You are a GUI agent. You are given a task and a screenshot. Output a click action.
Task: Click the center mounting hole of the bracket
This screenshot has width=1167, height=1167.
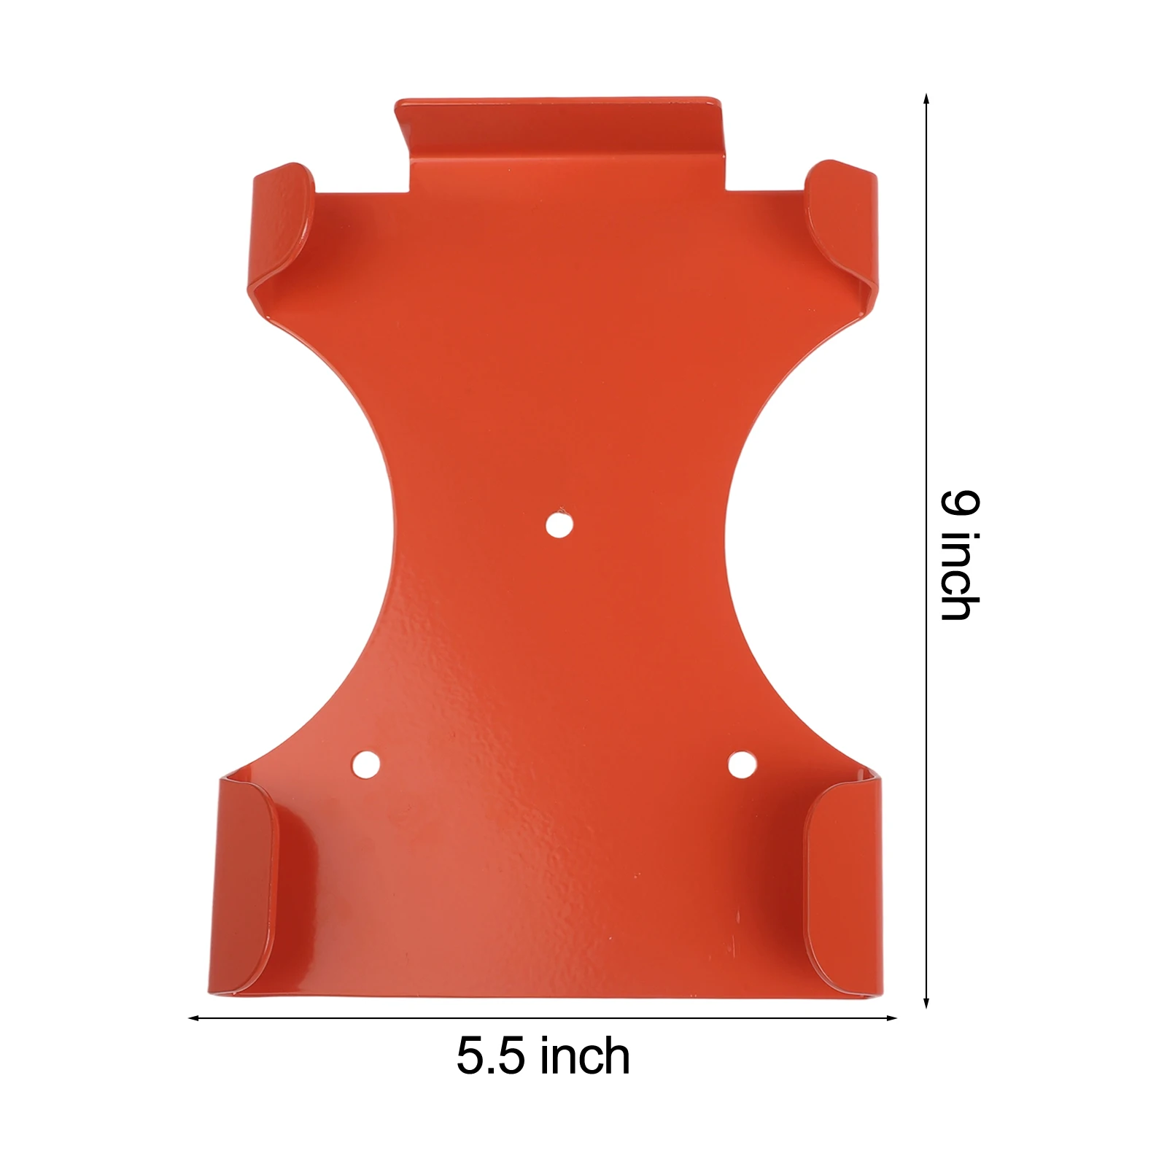tap(558, 524)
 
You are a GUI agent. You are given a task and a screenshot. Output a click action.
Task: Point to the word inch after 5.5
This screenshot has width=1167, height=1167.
tap(587, 1055)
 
